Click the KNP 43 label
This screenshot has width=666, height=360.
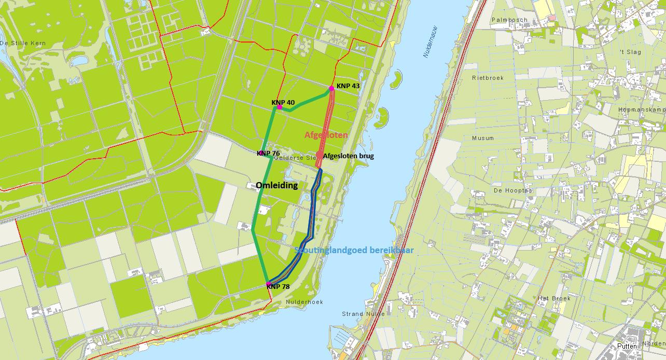click(348, 86)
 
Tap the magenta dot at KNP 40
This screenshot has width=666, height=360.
click(280, 107)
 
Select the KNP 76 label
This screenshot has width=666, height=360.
click(269, 153)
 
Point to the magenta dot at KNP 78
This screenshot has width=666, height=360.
click(268, 284)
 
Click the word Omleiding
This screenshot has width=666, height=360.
click(277, 185)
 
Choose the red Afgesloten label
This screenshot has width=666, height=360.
click(326, 135)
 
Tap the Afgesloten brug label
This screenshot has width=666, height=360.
click(348, 156)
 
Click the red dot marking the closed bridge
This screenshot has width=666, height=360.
click(319, 154)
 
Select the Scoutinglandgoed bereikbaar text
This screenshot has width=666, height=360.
click(354, 250)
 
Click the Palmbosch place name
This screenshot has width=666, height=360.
click(509, 20)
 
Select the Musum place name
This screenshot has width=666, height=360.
click(483, 138)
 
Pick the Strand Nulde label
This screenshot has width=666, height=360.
click(363, 314)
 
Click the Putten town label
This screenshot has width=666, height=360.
click(627, 346)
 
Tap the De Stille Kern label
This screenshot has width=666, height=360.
click(23, 43)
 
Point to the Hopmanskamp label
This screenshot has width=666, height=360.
click(642, 110)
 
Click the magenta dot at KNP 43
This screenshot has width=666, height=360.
click(331, 88)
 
